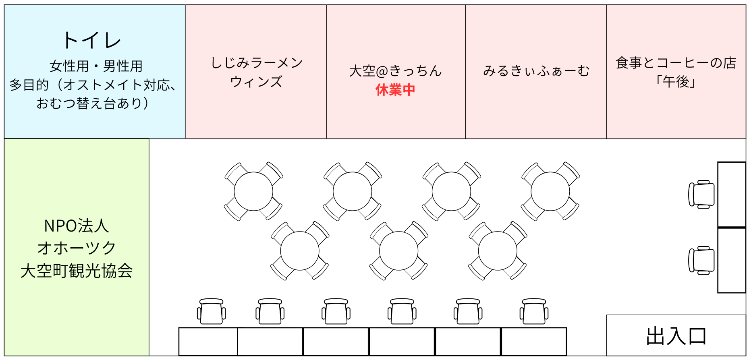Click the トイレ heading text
pyautogui.click(x=91, y=41)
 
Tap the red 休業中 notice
pyautogui.click(x=395, y=90)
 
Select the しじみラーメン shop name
pyautogui.click(x=257, y=63)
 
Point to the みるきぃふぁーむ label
pyautogui.click(x=536, y=71)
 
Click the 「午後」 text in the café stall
pyautogui.click(x=676, y=82)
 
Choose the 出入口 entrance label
pyautogui.click(x=676, y=336)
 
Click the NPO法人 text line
pyautogui.click(x=77, y=226)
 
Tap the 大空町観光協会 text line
pyautogui.click(x=77, y=271)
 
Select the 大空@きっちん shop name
pyautogui.click(x=395, y=71)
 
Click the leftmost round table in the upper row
pyautogui.click(x=253, y=191)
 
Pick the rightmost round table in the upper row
pyautogui.click(x=550, y=191)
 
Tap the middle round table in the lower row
pyautogui.click(x=399, y=250)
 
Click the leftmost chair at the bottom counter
pyautogui.click(x=212, y=312)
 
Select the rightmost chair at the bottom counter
pyautogui.click(x=534, y=312)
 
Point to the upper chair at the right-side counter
pyautogui.click(x=702, y=194)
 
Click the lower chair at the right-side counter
pyautogui.click(x=702, y=261)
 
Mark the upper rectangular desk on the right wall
pyautogui.click(x=732, y=194)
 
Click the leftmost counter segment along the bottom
pyautogui.click(x=208, y=341)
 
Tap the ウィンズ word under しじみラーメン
pyautogui.click(x=257, y=82)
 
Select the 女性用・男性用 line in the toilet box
pyautogui.click(x=96, y=66)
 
